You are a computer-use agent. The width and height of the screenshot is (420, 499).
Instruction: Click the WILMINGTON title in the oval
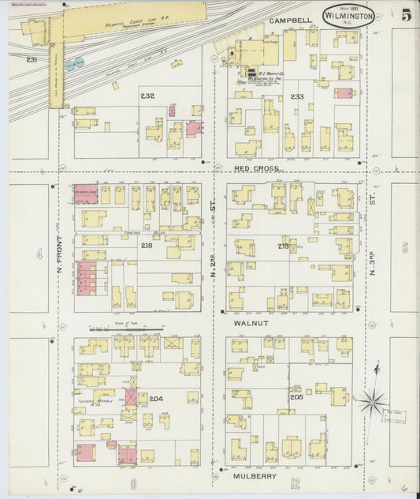pos(348,14)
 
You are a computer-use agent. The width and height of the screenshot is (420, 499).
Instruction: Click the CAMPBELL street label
pos(287,19)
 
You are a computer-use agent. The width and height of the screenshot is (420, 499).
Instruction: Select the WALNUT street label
pos(251,324)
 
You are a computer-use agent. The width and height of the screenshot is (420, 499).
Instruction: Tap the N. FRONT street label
pos(60,257)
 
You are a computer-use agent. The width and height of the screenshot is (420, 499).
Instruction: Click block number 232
pos(147,96)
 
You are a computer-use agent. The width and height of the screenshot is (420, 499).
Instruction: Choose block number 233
pos(296,96)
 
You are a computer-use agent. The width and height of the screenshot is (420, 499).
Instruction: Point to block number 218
pos(147,246)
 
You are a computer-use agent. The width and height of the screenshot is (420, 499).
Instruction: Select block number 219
pos(284,246)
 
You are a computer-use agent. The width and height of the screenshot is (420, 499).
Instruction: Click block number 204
pos(156,399)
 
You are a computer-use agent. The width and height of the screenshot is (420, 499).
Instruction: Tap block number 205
pos(295,397)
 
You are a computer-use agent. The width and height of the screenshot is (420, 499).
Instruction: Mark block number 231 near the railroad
pos(32,60)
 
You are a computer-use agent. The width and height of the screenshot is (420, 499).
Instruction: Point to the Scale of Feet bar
pos(125,328)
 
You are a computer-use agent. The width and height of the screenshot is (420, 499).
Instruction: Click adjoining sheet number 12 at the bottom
pos(295,483)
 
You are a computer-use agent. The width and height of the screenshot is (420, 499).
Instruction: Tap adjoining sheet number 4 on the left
pos(39,254)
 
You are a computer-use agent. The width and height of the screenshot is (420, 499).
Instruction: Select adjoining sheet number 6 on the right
pos(404,247)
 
